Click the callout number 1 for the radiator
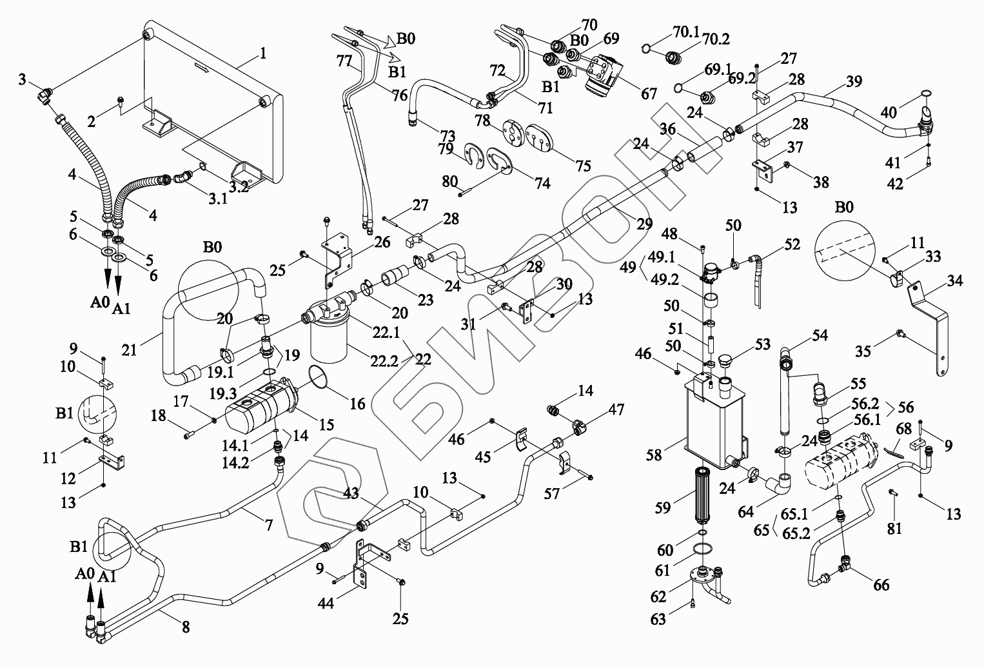263,53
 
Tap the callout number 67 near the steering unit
649,93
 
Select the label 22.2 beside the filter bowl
384,361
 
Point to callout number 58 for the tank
654,455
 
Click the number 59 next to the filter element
663,507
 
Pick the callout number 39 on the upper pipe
854,81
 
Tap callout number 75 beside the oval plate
584,166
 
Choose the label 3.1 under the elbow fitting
218,199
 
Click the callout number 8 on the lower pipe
186,627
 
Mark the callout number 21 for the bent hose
129,350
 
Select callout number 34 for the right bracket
954,280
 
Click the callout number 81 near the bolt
894,529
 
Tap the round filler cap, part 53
725,364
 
